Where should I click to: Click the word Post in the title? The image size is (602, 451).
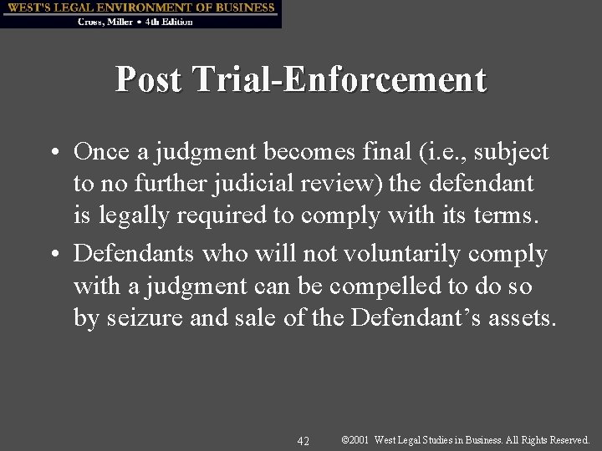[x=147, y=79]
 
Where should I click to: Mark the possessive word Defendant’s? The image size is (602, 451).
[x=425, y=317]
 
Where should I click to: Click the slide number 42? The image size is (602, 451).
[x=304, y=440]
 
